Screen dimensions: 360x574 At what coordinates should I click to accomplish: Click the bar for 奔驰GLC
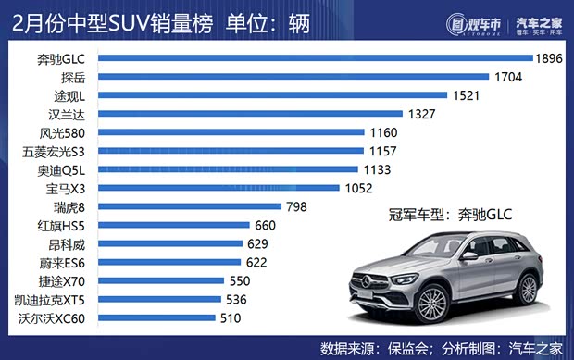[315, 58]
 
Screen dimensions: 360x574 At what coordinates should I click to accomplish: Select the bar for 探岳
[293, 77]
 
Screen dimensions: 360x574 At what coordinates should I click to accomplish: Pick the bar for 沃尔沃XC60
[156, 318]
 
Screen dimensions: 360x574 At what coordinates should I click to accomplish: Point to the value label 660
[266, 225]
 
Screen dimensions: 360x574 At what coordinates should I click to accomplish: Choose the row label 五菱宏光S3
[57, 151]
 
